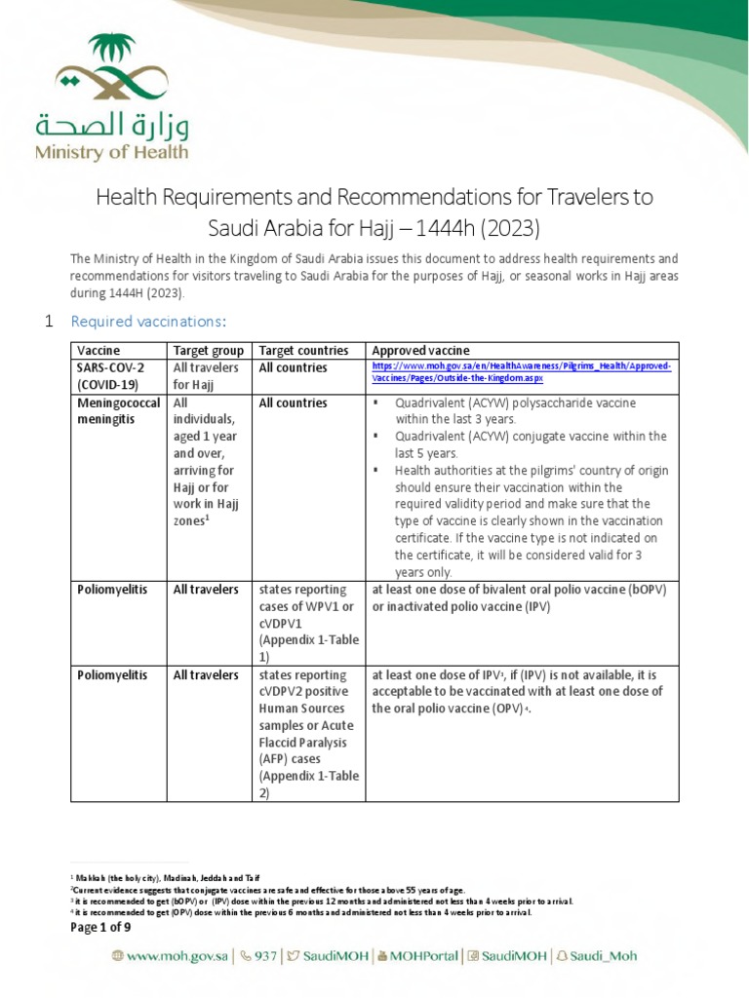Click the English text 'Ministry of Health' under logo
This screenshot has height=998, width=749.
pyautogui.click(x=112, y=152)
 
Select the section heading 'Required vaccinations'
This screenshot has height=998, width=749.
pyautogui.click(x=147, y=322)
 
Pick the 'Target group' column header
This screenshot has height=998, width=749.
pyautogui.click(x=207, y=351)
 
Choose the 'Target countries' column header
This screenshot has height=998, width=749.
pyautogui.click(x=303, y=351)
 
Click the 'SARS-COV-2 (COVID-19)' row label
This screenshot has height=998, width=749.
pyautogui.click(x=112, y=376)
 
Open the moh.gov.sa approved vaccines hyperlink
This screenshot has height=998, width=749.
pyautogui.click(x=521, y=375)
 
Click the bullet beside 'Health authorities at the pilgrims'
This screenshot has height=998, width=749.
pyautogui.click(x=375, y=471)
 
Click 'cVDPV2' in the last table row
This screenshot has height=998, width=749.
pyautogui.click(x=282, y=692)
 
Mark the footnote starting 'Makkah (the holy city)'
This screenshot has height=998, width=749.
pyautogui.click(x=166, y=877)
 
